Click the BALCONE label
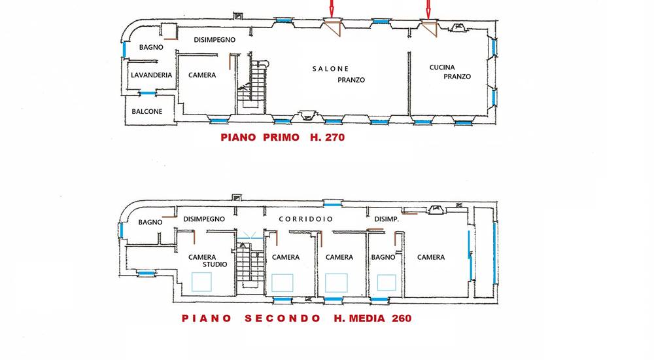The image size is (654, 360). tap(146, 111)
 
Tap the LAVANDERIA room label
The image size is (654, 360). tap(152, 75)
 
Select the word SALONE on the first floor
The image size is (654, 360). tap(330, 69)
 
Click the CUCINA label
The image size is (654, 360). tap(442, 67)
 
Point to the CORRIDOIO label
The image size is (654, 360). tap(305, 219)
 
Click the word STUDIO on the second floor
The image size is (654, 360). tap(215, 264)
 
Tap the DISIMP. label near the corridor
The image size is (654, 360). tap(387, 219)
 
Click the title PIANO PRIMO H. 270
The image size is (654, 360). tap(283, 137)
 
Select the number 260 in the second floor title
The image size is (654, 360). tap(402, 318)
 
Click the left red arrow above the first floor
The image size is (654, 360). tap(332, 7)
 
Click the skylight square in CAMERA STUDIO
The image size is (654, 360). tap(201, 282)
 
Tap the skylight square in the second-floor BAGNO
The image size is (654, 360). tap(387, 283)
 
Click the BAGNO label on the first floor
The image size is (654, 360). tap(151, 47)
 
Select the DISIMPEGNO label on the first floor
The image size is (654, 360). tap(215, 40)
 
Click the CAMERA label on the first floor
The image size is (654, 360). tap(202, 75)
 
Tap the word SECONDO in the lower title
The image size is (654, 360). tap(283, 318)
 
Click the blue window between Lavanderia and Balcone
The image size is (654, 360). tap(146, 93)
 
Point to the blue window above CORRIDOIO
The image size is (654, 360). tap(332, 204)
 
